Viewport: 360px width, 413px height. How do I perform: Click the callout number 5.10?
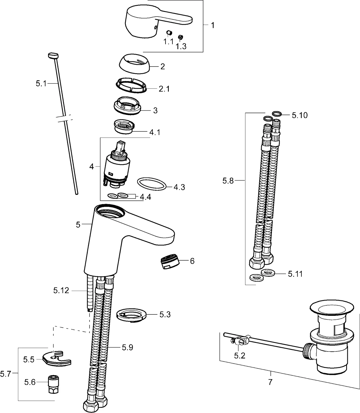[299, 115]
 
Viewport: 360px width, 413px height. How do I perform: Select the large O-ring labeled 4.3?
[152, 184]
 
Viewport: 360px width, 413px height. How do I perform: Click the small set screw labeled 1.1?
[169, 33]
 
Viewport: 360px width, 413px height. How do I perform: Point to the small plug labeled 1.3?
[180, 36]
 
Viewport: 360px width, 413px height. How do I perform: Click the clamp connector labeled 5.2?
[240, 342]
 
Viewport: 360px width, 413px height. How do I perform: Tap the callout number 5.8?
[228, 181]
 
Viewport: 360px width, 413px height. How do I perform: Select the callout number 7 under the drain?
[270, 382]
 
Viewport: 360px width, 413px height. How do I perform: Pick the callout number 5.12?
[61, 290]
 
